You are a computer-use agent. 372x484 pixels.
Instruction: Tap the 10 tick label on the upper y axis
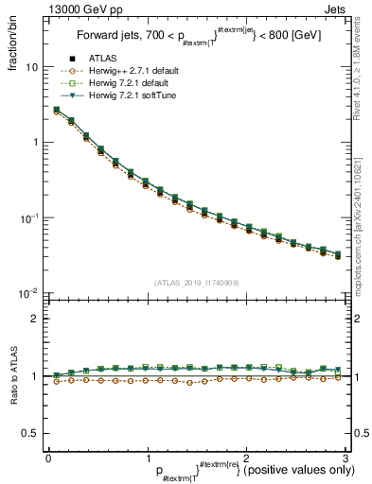[x=31, y=68]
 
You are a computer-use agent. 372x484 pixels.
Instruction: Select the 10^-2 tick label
[x=30, y=293]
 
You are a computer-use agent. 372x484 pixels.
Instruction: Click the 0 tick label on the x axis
[x=48, y=457]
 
